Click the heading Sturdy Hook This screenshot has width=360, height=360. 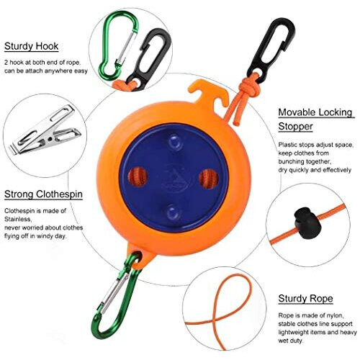[30, 47]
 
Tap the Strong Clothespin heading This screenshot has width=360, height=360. [41, 194]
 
